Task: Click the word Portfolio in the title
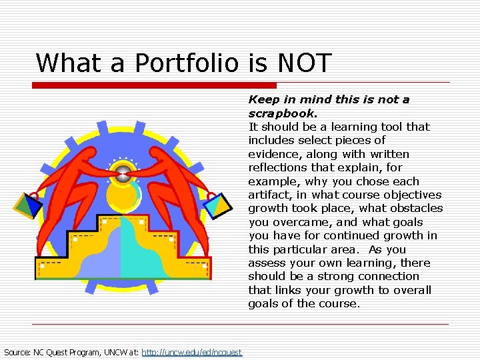(x=186, y=63)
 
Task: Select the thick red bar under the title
(x=154, y=85)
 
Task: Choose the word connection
(x=389, y=276)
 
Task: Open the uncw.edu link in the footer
(x=192, y=352)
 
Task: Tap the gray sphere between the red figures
(x=123, y=175)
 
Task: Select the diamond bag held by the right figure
(x=217, y=205)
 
